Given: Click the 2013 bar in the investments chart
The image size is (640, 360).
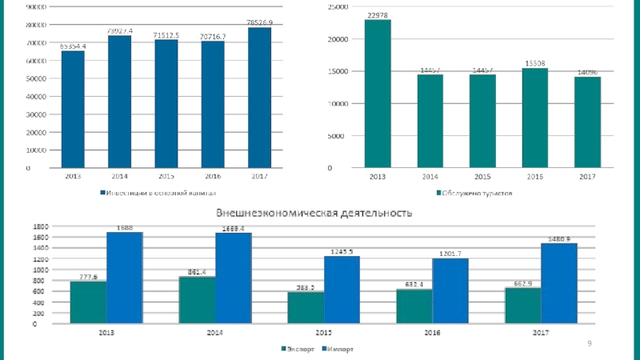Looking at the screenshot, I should tap(73, 110).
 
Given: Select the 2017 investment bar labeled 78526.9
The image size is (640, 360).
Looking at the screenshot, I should tap(259, 98).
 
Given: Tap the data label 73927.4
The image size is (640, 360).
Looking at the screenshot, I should tap(119, 30).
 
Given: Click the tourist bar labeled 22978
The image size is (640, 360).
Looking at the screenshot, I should tap(378, 94).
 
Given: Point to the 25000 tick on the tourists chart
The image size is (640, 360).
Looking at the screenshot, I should tap(338, 6).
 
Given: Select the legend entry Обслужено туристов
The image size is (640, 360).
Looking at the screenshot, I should tap(473, 193).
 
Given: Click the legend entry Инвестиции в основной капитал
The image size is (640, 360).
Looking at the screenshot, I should tap(157, 193).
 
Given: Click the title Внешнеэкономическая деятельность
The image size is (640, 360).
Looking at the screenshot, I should tap(312, 213).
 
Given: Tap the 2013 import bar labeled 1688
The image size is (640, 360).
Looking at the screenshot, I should tap(124, 278).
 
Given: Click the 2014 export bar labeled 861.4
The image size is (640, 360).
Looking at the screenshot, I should tap(197, 300).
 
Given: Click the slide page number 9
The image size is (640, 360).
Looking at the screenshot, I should tap(590, 343).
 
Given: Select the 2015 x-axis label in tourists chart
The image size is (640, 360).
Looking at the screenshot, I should tap(482, 176).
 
